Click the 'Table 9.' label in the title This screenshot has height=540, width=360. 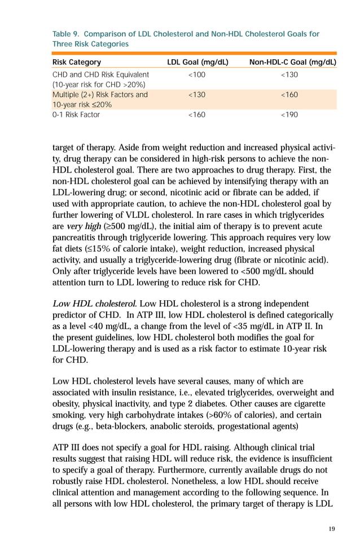click(x=66, y=34)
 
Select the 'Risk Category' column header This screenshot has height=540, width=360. click(x=77, y=62)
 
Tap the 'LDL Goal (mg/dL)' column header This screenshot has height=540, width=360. click(x=197, y=62)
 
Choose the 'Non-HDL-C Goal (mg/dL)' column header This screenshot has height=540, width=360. click(x=292, y=62)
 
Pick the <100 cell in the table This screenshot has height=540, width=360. click(x=196, y=74)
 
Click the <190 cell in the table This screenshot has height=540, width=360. click(x=289, y=115)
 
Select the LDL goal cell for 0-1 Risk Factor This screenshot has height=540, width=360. click(x=196, y=115)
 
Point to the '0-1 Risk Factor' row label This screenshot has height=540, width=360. click(x=76, y=115)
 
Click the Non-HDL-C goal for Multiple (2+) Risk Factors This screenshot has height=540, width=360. click(x=289, y=95)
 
